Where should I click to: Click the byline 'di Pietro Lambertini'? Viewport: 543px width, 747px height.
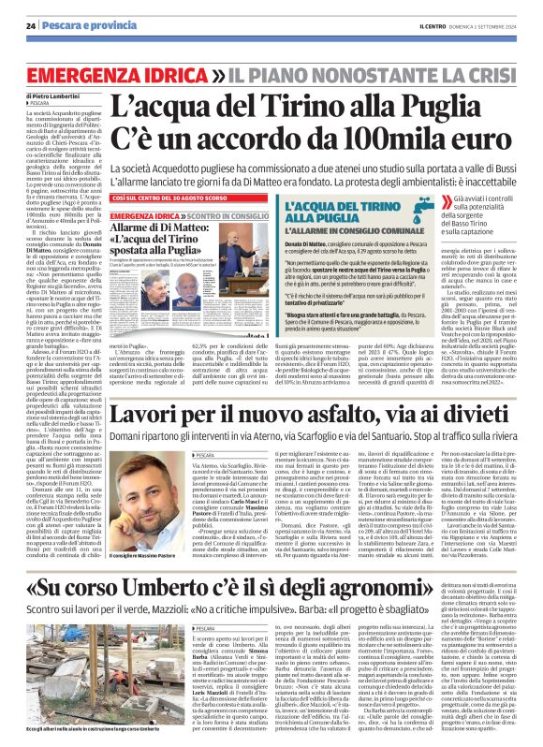[x=49, y=96]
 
